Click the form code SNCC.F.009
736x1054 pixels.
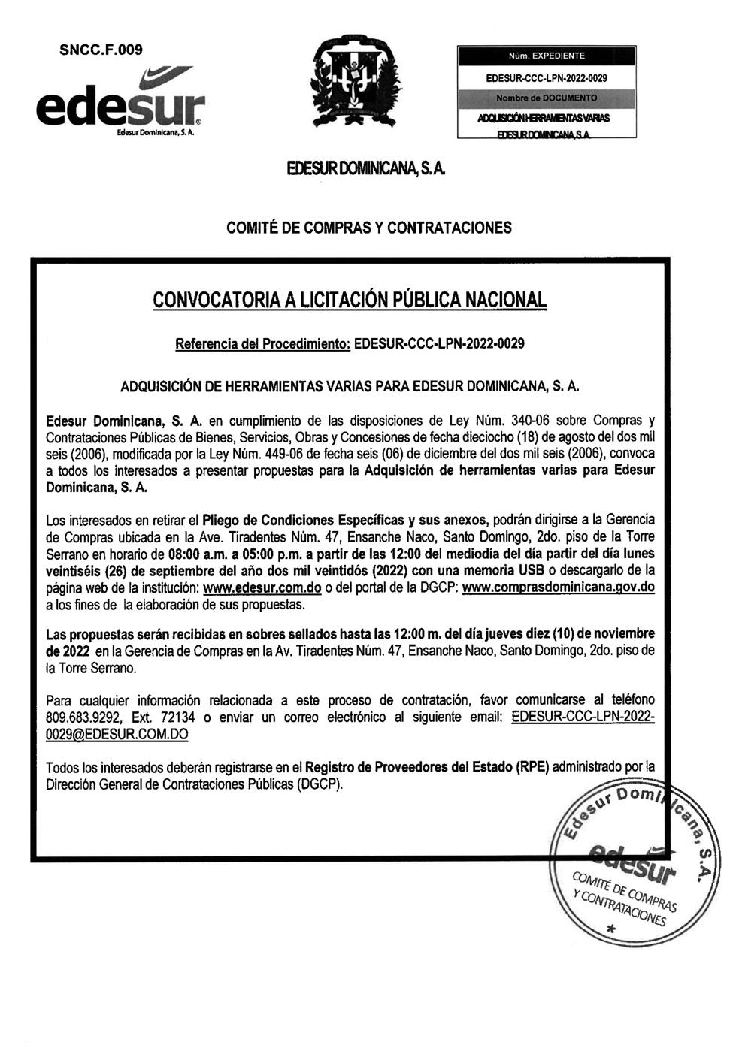(x=101, y=50)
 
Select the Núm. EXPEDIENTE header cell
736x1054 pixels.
(x=547, y=56)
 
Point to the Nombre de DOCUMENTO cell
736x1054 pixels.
(x=547, y=98)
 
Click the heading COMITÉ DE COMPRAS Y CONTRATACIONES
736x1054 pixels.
(x=369, y=227)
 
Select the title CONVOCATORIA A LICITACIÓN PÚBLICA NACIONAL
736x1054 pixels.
(x=350, y=300)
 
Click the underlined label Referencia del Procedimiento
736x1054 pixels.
(x=262, y=344)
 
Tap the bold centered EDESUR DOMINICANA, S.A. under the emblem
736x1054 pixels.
(x=367, y=169)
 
